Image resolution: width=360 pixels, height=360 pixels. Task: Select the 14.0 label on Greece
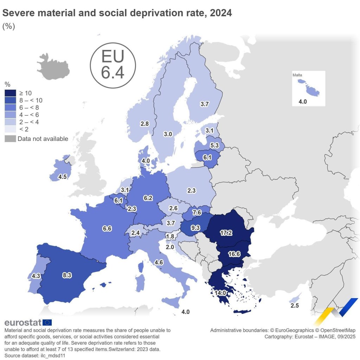point(220,292)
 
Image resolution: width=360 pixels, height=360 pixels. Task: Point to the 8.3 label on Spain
point(67,275)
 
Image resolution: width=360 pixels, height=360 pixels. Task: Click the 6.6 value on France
point(107,228)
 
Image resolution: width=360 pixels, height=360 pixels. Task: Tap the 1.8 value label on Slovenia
point(170,236)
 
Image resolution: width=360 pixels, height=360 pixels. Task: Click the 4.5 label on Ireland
point(63,176)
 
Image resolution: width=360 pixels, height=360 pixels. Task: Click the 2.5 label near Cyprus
point(295,306)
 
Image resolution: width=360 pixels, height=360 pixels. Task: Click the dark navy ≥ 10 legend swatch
point(10,93)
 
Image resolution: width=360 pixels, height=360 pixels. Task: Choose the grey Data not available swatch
point(10,139)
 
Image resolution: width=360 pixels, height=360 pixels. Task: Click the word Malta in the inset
point(297,75)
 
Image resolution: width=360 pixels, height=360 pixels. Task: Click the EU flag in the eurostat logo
point(47,322)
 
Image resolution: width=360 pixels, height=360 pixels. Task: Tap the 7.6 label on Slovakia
point(197,213)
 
